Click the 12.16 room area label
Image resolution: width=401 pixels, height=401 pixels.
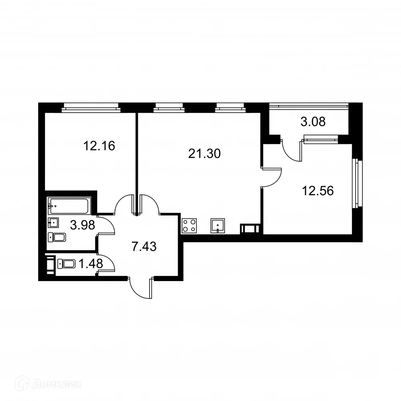99,146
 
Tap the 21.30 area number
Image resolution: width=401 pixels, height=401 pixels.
205,153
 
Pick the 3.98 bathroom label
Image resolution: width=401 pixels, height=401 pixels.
82,225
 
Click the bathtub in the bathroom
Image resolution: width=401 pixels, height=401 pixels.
70,206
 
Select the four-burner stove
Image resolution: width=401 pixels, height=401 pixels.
190,226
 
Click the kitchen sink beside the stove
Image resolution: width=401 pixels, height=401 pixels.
218,226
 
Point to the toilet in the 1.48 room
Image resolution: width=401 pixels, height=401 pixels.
67,264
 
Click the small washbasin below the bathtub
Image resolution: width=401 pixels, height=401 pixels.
53,222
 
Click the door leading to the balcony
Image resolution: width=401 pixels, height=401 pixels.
292,150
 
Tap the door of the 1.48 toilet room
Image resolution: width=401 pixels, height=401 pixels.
106,264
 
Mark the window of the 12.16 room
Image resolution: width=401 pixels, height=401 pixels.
91,107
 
